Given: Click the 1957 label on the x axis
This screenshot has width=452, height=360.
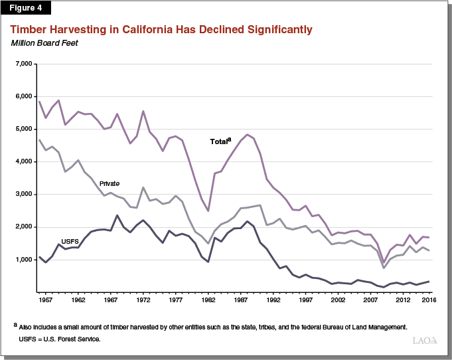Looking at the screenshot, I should point(46,300).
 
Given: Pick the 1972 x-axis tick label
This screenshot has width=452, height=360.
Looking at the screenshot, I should point(143,300).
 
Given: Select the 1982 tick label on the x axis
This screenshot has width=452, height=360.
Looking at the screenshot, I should point(208,300).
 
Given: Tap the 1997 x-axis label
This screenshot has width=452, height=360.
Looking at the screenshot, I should point(306,300).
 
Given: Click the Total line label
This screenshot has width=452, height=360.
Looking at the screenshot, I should point(220,141).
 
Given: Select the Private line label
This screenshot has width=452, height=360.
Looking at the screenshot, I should point(109,183).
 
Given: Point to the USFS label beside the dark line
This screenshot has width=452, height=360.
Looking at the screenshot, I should point(70,241).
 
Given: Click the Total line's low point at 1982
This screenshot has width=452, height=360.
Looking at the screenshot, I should point(208,211).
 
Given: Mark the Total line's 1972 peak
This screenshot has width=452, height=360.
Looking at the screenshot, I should point(143,111).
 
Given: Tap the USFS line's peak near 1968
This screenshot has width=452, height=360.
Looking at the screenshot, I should point(117,215).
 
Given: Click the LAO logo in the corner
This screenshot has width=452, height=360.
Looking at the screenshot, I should point(425,340).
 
